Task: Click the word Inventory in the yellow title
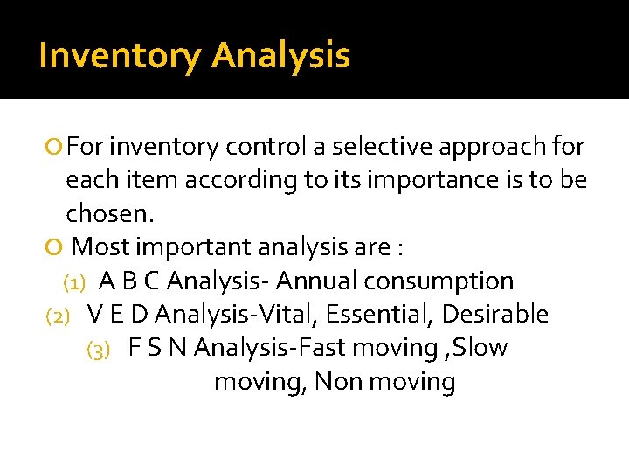120,56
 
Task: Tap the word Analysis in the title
280,56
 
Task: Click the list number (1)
73,282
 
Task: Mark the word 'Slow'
480,348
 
